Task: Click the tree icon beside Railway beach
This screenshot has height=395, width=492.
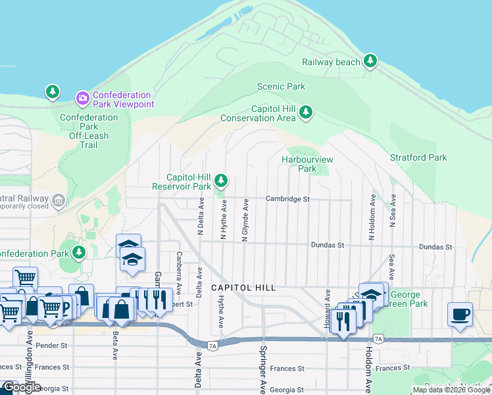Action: click(x=371, y=61)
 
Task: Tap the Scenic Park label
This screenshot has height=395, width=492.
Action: click(x=281, y=86)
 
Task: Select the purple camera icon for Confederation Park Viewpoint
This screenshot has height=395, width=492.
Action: click(x=82, y=99)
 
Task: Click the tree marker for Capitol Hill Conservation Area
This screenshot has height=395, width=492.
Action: click(x=305, y=113)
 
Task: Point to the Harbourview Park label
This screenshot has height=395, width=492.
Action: click(x=307, y=164)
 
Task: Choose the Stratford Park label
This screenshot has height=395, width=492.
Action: click(x=418, y=157)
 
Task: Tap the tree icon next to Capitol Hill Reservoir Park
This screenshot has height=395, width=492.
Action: click(x=222, y=180)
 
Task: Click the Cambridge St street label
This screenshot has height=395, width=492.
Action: click(x=287, y=198)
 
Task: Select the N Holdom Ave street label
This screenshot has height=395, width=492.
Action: click(x=372, y=217)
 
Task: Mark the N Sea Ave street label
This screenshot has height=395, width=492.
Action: click(x=392, y=211)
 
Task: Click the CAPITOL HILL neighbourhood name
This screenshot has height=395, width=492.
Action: click(x=243, y=288)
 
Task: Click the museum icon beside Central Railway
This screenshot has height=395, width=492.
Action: click(x=58, y=199)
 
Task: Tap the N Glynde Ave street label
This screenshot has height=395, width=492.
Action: click(x=245, y=221)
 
